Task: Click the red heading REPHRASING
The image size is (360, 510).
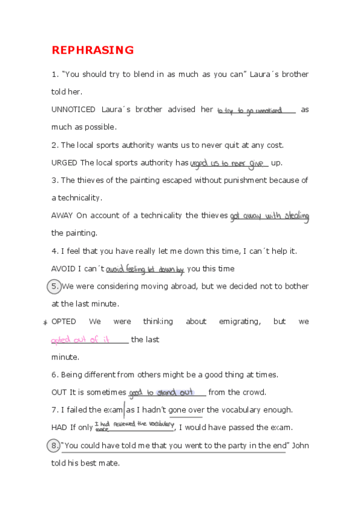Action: [x=93, y=50]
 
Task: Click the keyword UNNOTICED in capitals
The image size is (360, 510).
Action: [x=73, y=109]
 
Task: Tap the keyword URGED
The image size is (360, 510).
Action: [x=64, y=162]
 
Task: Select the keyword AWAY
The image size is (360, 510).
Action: [x=61, y=215]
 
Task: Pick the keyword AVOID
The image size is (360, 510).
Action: [x=63, y=268]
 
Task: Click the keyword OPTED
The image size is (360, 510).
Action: [x=64, y=321]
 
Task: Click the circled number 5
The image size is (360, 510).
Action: [x=55, y=286]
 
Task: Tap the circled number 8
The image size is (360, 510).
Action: [x=55, y=446]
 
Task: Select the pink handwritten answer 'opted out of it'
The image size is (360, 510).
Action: [x=81, y=340]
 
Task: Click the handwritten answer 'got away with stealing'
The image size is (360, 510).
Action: [x=269, y=216]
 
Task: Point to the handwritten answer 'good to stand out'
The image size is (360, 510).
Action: [x=161, y=393]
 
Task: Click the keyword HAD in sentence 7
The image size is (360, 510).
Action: [x=59, y=427]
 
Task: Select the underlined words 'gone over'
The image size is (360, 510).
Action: [x=186, y=410]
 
